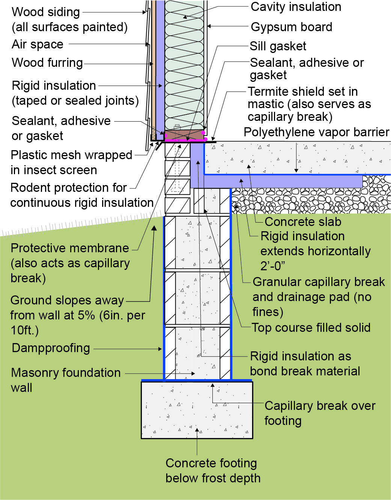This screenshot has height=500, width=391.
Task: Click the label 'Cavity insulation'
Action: tap(296, 7)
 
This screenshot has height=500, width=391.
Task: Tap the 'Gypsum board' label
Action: tap(292, 27)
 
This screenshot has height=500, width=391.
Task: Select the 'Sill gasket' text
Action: tap(278, 46)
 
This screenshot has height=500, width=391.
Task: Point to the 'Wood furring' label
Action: tap(47, 63)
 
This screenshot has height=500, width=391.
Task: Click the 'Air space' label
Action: tap(38, 44)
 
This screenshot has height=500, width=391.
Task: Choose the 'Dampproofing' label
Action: tap(51, 348)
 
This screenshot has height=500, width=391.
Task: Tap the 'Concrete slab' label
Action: tap(303, 222)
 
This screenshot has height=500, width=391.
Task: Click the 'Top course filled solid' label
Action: tap(311, 327)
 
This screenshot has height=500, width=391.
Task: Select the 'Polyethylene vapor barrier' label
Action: tap(316, 132)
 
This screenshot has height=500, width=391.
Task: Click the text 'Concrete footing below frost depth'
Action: tap(213, 471)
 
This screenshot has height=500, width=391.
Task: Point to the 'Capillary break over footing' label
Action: tap(320, 413)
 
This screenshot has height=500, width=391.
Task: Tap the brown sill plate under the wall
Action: tap(185, 134)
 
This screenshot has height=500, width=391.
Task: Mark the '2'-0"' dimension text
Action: tap(272, 266)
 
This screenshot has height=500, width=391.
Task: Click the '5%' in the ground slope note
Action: tap(86, 315)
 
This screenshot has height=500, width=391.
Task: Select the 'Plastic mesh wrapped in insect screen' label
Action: tap(71, 163)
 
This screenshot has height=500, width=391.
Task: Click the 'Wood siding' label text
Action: tap(46, 12)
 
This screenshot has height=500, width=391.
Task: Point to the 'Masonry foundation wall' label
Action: tap(66, 380)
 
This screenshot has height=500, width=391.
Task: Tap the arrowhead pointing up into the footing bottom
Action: tap(197, 431)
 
